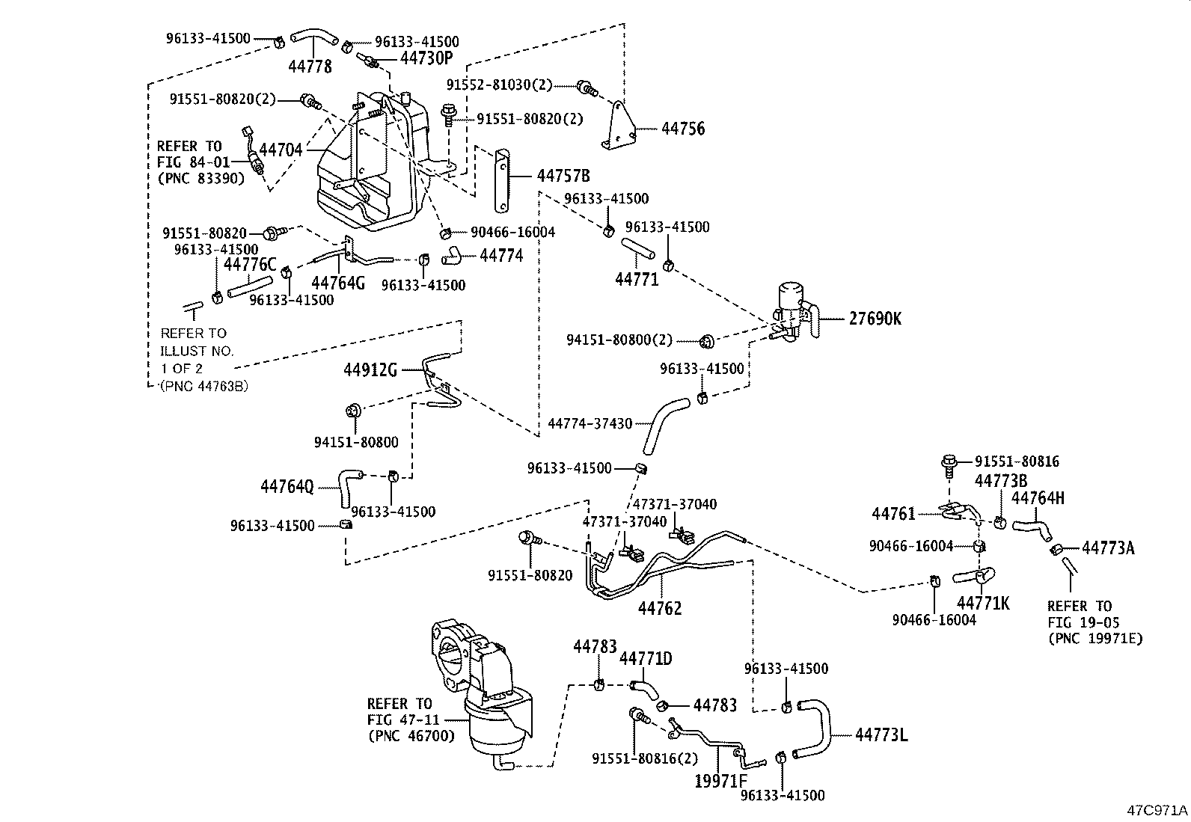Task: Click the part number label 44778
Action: (x=310, y=67)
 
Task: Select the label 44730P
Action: (x=426, y=58)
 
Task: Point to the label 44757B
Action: (x=563, y=176)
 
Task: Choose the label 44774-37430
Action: (x=590, y=423)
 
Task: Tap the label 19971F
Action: (x=721, y=782)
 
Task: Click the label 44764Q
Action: (x=287, y=487)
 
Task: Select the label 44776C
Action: (x=250, y=264)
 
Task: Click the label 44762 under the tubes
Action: (x=660, y=609)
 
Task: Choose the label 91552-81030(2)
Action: (x=499, y=85)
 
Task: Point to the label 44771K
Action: (x=983, y=603)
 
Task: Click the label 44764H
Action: (x=1038, y=498)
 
